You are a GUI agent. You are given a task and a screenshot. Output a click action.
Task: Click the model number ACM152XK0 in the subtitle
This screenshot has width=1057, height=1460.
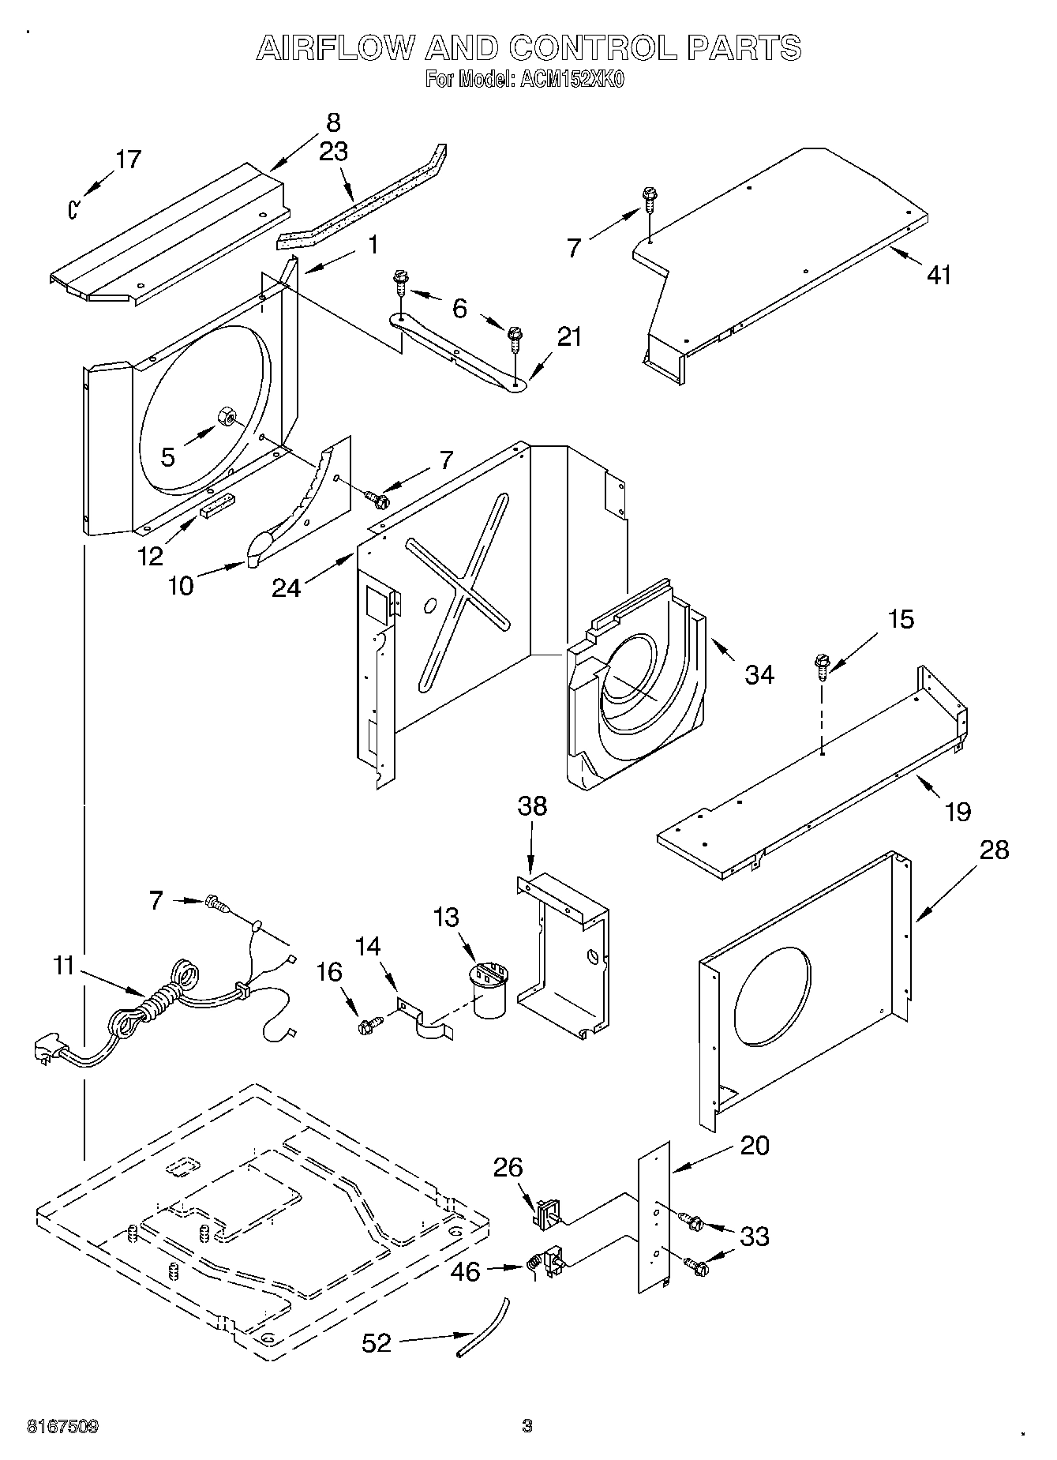coord(568,80)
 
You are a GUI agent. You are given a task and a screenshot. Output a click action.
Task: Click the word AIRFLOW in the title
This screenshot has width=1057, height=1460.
coord(335,49)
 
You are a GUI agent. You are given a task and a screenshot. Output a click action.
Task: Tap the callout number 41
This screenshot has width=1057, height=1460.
coord(939,275)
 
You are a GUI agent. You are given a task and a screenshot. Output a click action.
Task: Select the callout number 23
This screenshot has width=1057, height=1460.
coord(333,152)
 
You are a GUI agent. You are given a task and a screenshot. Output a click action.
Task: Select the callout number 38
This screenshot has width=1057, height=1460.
coord(532,806)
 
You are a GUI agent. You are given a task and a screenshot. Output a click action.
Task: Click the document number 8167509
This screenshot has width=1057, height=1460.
coord(62,1427)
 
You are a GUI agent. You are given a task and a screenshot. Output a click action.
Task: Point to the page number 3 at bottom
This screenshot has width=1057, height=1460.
coord(527,1426)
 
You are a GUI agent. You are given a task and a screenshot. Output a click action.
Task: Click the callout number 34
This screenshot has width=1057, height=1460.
coord(759,674)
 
